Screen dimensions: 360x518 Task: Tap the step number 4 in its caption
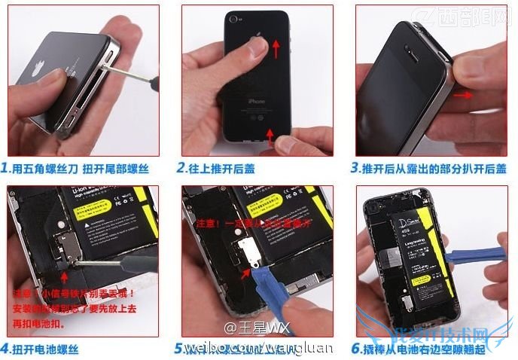pyautogui.click(x=6, y=349)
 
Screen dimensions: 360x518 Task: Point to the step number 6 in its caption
pyautogui.click(x=356, y=349)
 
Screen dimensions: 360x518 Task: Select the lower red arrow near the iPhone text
pyautogui.click(x=270, y=136)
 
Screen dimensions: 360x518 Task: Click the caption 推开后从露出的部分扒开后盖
pyautogui.click(x=434, y=168)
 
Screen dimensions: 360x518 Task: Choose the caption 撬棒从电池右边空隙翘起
pyautogui.click(x=431, y=349)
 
